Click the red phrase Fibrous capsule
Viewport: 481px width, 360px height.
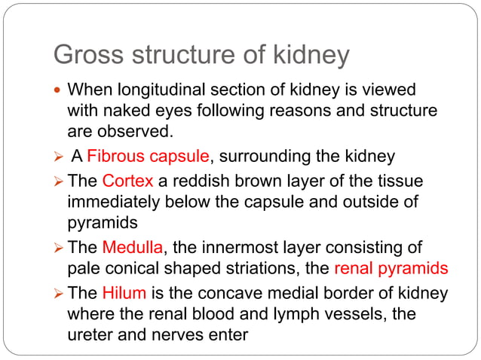click(x=148, y=157)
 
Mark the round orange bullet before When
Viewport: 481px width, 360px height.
click(x=59, y=92)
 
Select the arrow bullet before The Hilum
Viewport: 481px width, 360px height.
click(x=59, y=294)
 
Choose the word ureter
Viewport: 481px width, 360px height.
click(x=89, y=334)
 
